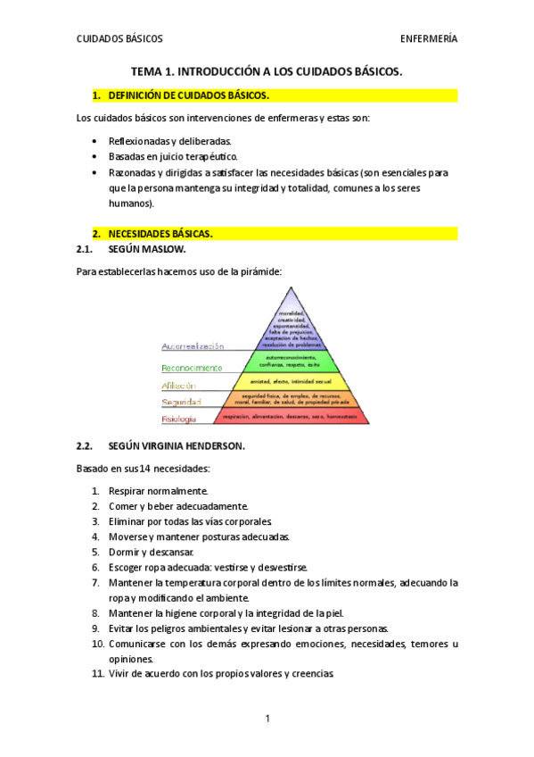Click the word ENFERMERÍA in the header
pyautogui.click(x=429, y=39)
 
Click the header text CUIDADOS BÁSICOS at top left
pyautogui.click(x=119, y=39)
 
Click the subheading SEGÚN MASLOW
pyautogui.click(x=146, y=250)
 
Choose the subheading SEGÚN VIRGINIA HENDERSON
pyautogui.click(x=176, y=445)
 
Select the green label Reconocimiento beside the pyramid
pyautogui.click(x=192, y=367)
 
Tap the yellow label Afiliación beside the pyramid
pyautogui.click(x=178, y=385)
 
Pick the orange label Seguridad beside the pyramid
pyautogui.click(x=181, y=402)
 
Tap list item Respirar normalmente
pyautogui.click(x=158, y=491)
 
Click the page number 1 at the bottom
pyautogui.click(x=267, y=719)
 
